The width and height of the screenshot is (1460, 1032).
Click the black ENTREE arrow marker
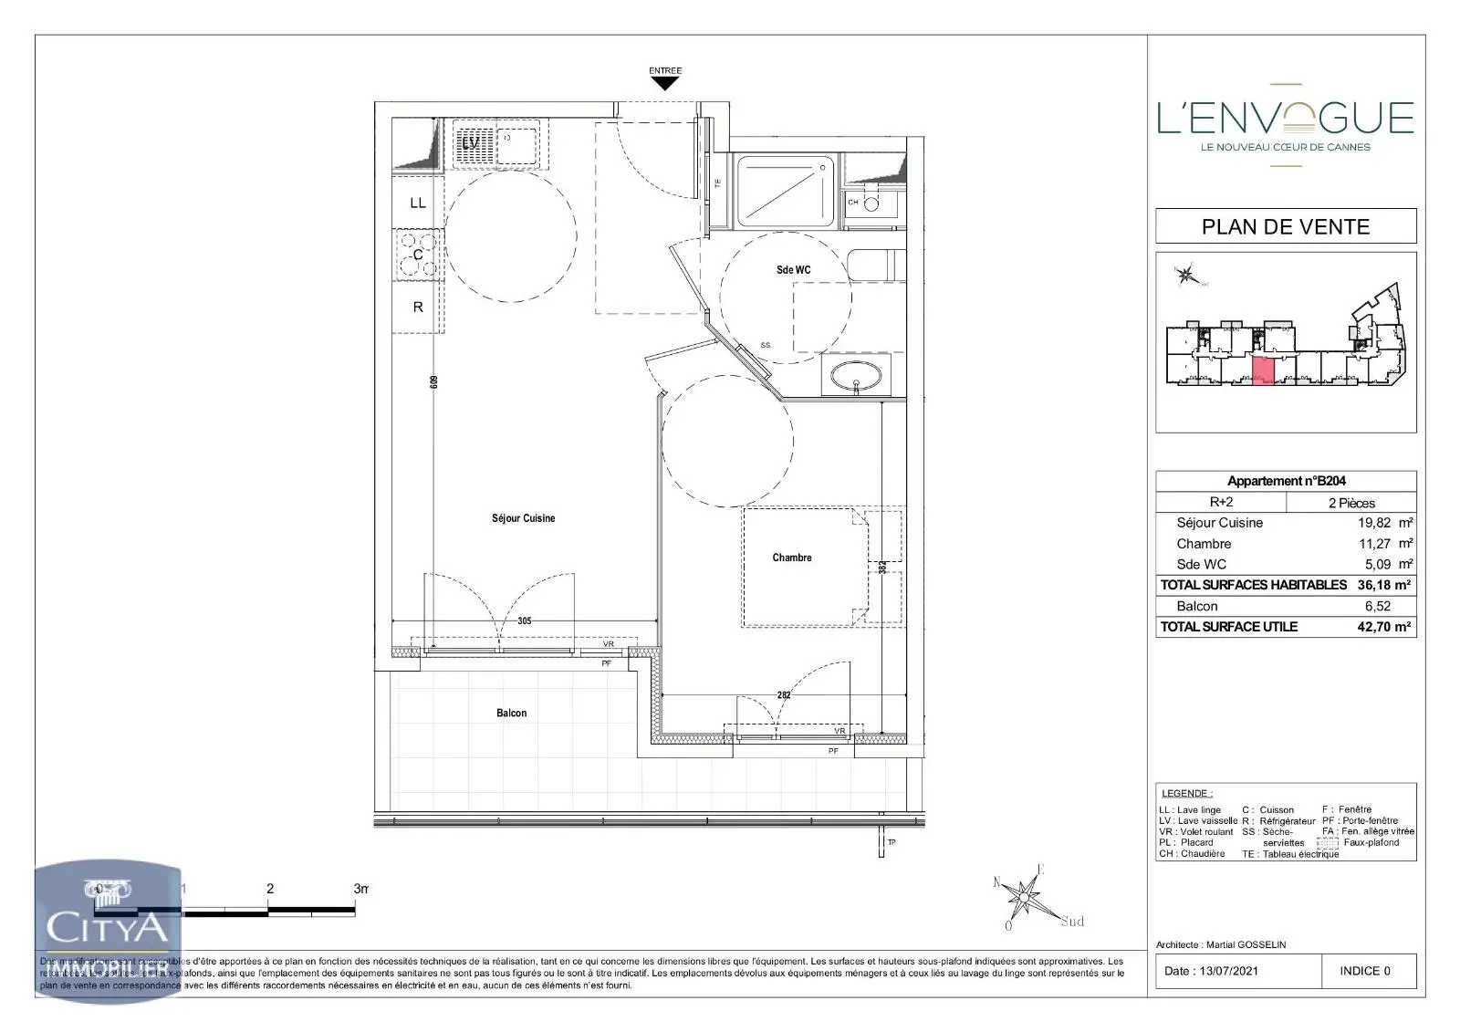tap(665, 83)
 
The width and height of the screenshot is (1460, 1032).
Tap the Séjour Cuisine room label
tap(523, 518)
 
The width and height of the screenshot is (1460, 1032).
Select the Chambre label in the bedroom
tap(791, 558)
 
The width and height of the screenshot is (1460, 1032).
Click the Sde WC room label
tap(793, 270)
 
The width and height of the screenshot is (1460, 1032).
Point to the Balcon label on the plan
tap(511, 713)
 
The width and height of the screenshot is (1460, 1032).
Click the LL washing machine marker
tap(418, 203)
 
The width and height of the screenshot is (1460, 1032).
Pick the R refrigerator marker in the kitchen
tap(418, 308)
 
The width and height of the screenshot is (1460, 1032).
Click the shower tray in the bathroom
tap(785, 192)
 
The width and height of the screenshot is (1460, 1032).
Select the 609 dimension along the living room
tap(435, 383)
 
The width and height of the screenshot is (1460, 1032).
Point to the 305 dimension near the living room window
tap(524, 620)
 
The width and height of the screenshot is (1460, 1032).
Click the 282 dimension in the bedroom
tap(783, 695)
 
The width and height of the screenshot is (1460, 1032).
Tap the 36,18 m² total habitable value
tap(1383, 585)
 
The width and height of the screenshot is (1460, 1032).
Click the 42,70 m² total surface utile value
tap(1383, 627)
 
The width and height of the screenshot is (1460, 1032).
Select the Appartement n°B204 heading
tap(1286, 481)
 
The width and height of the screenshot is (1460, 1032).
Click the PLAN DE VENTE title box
tap(1286, 226)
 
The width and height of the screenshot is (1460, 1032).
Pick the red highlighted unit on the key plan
tap(1263, 370)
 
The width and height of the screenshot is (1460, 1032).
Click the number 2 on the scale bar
tap(269, 888)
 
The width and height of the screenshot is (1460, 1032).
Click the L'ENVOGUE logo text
tap(1286, 119)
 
